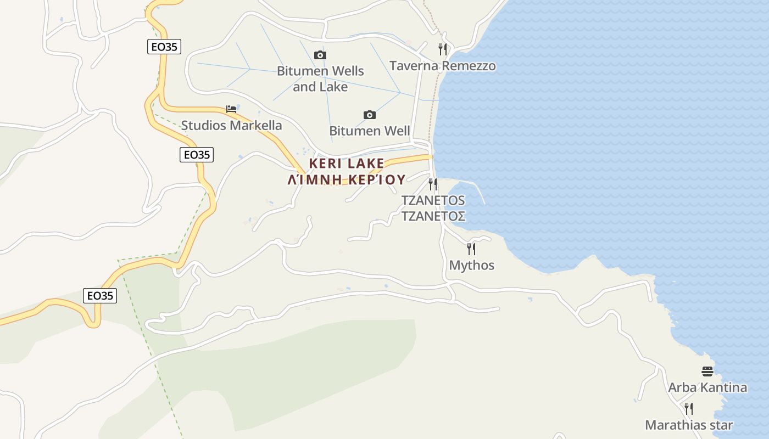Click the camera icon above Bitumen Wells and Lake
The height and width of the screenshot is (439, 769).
click(320, 55)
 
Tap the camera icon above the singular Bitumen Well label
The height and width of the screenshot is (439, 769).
click(370, 115)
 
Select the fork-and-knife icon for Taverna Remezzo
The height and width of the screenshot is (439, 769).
click(443, 49)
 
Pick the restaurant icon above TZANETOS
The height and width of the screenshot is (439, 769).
click(433, 184)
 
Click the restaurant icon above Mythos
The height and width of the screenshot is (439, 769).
click(471, 249)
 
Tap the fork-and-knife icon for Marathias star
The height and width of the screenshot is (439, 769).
click(689, 408)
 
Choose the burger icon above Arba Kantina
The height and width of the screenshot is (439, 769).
click(707, 372)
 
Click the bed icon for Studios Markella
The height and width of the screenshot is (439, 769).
click(231, 109)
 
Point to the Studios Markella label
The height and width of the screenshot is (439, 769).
click(231, 125)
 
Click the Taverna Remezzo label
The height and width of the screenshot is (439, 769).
click(442, 66)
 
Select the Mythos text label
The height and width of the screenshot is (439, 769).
click(471, 265)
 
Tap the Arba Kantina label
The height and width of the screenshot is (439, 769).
click(707, 387)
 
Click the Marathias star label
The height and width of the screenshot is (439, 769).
click(689, 425)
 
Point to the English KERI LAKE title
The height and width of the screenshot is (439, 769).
click(347, 164)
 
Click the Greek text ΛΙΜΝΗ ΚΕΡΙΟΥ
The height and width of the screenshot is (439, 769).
click(347, 179)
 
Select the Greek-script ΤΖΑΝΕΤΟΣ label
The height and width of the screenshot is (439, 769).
click(433, 216)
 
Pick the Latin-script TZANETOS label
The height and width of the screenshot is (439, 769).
click(433, 200)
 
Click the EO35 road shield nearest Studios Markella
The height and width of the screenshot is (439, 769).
click(197, 155)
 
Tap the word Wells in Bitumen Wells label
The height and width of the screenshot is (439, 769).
click(347, 71)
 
